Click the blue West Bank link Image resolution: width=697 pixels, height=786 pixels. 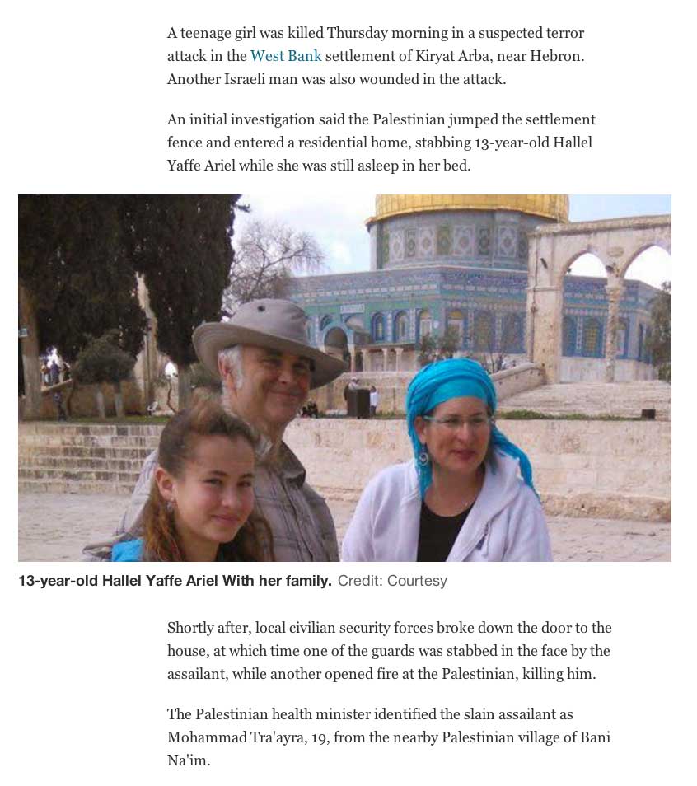click(x=285, y=56)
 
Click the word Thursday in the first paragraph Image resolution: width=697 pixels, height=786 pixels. click(x=357, y=33)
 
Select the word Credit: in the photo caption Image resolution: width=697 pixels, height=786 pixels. click(x=360, y=581)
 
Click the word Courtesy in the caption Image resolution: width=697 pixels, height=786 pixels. click(x=417, y=581)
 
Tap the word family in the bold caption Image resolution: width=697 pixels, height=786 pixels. click(x=305, y=581)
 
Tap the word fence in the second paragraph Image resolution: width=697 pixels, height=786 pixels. click(x=185, y=143)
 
